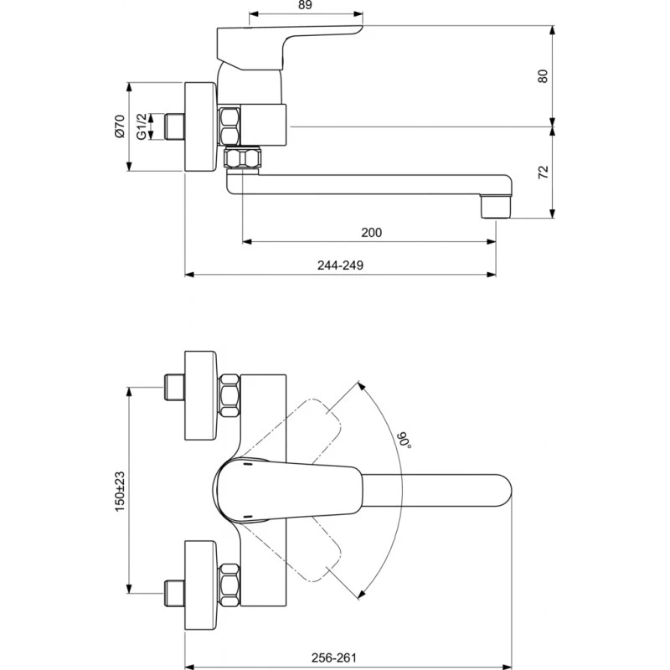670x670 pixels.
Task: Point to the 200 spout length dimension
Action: click(x=373, y=233)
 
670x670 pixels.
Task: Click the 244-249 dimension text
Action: click(x=340, y=265)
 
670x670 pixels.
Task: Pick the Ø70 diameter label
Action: click(x=119, y=126)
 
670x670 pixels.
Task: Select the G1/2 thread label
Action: click(x=142, y=126)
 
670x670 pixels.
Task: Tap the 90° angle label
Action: click(x=404, y=439)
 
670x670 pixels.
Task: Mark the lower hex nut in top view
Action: click(x=229, y=586)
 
